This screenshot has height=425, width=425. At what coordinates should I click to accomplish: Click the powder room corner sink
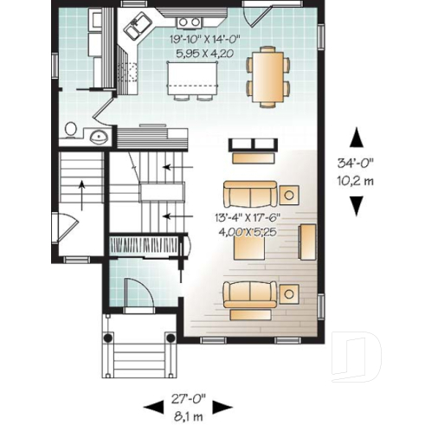[98, 135]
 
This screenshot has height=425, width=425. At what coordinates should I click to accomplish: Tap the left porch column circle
[108, 338]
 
